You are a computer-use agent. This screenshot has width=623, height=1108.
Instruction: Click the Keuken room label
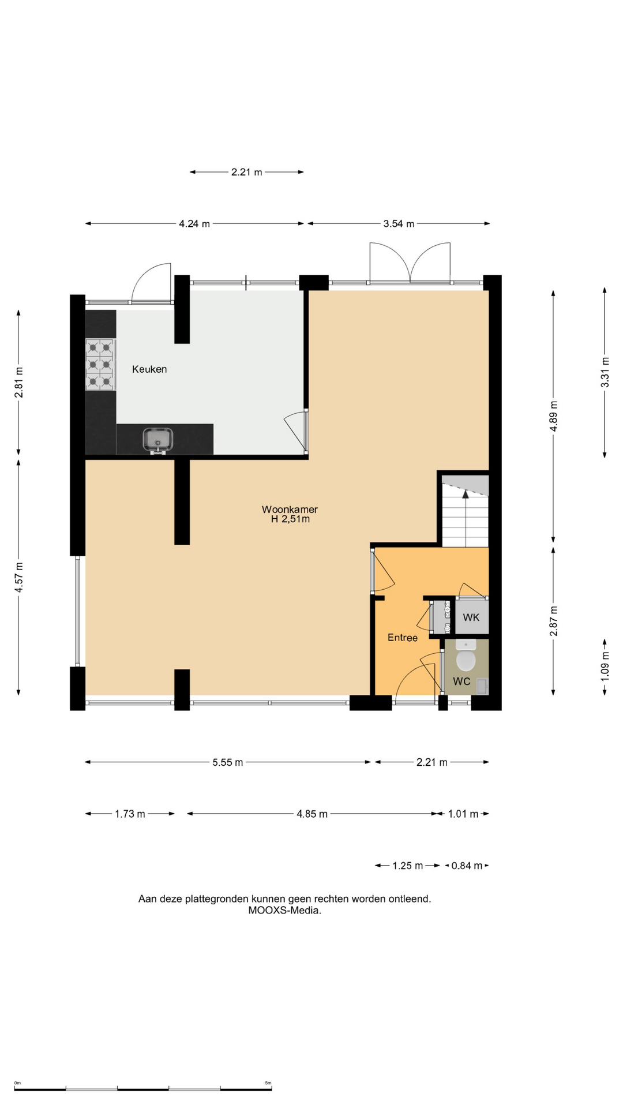[149, 369]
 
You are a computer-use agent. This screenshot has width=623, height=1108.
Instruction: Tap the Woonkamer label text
[290, 510]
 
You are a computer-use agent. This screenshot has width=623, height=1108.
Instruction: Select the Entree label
[403, 638]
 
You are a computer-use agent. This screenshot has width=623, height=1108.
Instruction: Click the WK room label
[471, 617]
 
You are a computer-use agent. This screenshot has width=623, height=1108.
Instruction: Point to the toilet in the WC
[466, 655]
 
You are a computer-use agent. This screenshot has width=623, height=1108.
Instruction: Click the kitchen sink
[158, 440]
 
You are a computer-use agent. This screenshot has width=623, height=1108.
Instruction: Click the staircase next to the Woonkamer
[465, 511]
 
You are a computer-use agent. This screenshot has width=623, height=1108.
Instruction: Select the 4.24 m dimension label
[194, 224]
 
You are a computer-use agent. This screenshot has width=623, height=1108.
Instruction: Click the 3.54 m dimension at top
[399, 224]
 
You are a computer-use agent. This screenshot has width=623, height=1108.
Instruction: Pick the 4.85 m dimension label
[312, 814]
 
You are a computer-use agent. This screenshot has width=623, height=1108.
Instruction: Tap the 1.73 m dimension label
[130, 814]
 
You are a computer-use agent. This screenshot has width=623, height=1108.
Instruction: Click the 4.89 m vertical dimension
[554, 416]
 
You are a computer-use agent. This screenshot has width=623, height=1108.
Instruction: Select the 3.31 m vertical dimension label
[605, 373]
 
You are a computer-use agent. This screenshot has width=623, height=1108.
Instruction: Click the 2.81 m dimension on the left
[19, 383]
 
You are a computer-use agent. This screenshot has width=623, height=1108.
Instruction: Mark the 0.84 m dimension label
[467, 866]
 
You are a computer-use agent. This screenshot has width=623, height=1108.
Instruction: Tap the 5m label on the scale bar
[268, 1083]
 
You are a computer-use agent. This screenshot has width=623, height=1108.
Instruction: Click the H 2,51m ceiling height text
[290, 519]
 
